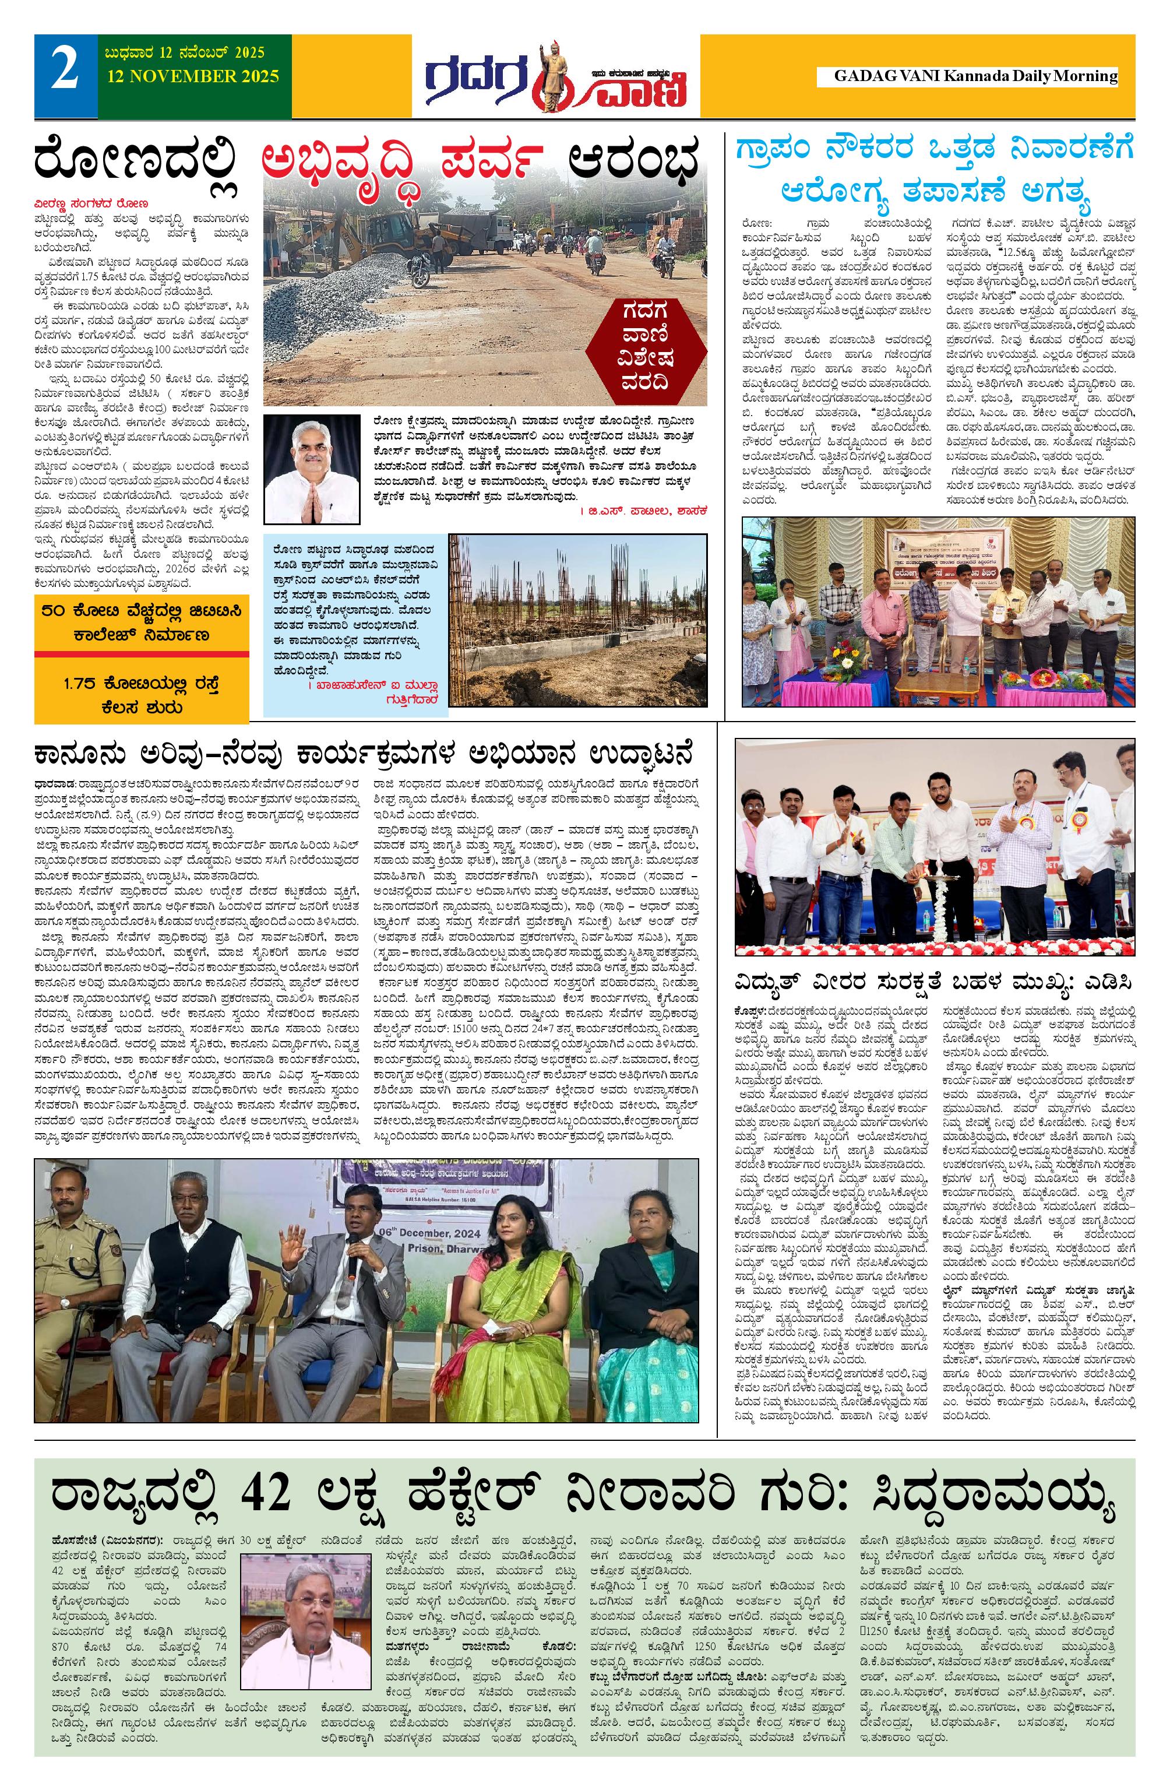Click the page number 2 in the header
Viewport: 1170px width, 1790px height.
click(65, 75)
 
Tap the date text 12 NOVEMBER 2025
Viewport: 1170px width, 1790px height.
click(192, 76)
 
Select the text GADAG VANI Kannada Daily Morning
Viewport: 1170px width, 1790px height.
click(975, 76)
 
